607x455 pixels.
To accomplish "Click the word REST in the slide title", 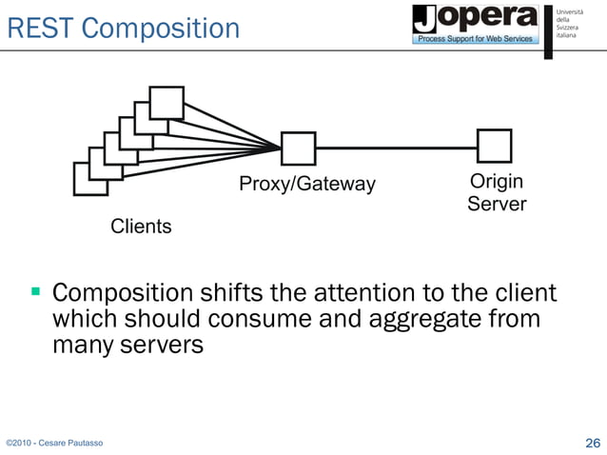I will pyautogui.click(x=39, y=29).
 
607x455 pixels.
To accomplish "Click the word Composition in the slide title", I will pyautogui.click(x=160, y=29).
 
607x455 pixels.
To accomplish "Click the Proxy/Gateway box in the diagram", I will pyautogui.click(x=298, y=148).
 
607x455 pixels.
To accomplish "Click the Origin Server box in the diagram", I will pyautogui.click(x=494, y=147).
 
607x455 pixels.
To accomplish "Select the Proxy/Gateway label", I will pyautogui.click(x=307, y=184).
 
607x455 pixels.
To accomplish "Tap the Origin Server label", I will pyautogui.click(x=497, y=192).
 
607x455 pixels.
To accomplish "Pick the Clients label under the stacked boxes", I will pyautogui.click(x=141, y=227).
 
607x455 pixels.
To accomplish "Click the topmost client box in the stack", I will pyautogui.click(x=166, y=102).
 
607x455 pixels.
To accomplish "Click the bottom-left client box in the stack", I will pyautogui.click(x=90, y=179).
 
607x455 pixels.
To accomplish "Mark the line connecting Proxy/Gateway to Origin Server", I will pyautogui.click(x=396, y=148).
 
